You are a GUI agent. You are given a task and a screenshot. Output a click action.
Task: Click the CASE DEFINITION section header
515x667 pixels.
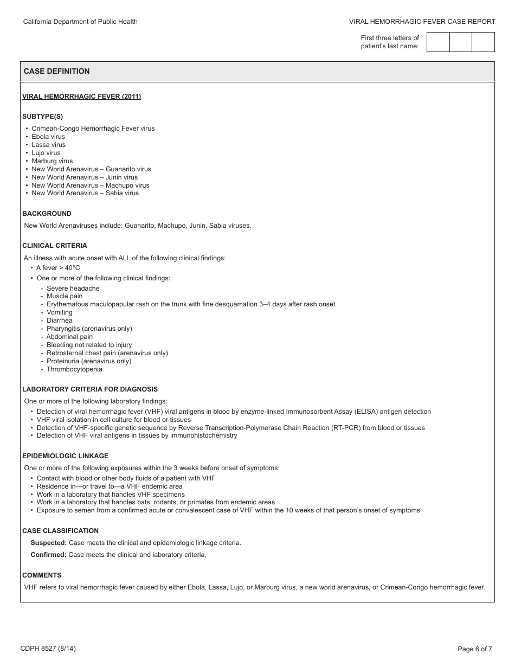pyautogui.click(x=57, y=72)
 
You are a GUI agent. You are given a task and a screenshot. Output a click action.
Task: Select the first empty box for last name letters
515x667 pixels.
pyautogui.click(x=438, y=42)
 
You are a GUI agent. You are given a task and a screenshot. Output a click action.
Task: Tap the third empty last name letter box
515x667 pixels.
pyautogui.click(x=483, y=42)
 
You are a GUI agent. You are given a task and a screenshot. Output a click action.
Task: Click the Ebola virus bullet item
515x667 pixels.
pyautogui.click(x=48, y=137)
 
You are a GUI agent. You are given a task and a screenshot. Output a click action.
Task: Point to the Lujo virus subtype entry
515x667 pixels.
pyautogui.click(x=46, y=153)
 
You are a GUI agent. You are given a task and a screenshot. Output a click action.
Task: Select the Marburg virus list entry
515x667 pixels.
pyautogui.click(x=52, y=161)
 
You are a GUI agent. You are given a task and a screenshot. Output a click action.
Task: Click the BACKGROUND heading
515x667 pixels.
pyautogui.click(x=47, y=214)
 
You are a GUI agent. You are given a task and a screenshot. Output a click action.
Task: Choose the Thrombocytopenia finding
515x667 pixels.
pyautogui.click(x=74, y=369)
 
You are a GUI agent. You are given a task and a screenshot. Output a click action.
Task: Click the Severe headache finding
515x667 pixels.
pyautogui.click(x=73, y=288)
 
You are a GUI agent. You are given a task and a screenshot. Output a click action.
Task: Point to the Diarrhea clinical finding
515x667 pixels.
pyautogui.click(x=60, y=320)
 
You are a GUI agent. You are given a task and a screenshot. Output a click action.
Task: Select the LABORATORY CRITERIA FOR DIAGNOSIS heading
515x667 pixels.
pyautogui.click(x=90, y=389)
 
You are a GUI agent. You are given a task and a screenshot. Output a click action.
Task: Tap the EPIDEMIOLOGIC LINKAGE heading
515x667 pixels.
pyautogui.click(x=65, y=456)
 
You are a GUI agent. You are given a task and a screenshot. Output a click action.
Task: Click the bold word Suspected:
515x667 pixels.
pyautogui.click(x=49, y=543)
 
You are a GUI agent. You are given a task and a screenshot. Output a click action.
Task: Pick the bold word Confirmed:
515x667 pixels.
pyautogui.click(x=49, y=555)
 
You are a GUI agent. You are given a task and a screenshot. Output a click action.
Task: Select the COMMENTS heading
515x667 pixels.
pyautogui.click(x=42, y=575)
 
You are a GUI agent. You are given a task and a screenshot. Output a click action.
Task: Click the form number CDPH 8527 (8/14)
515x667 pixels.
pyautogui.click(x=44, y=649)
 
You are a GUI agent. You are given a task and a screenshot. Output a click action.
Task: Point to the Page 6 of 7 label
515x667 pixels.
pyautogui.click(x=475, y=649)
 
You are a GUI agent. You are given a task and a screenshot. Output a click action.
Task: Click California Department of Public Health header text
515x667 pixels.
pyautogui.click(x=80, y=22)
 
